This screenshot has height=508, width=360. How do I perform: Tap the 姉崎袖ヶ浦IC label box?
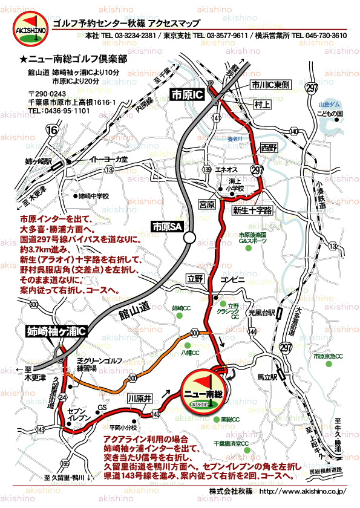click(57, 331)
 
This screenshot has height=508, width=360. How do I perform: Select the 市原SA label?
click(167, 227)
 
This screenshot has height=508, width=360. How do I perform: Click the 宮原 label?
click(207, 205)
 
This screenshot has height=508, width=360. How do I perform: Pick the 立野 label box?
click(194, 278)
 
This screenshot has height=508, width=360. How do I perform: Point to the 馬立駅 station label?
click(267, 376)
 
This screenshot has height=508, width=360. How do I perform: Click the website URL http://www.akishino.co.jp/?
click(302, 491)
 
